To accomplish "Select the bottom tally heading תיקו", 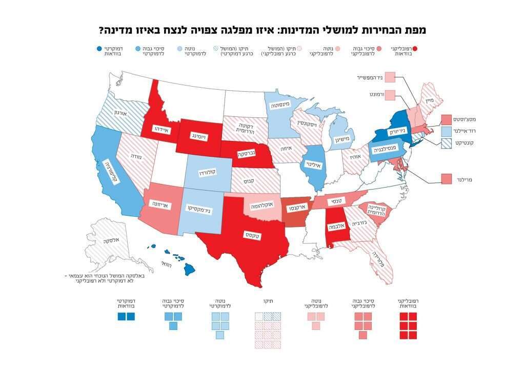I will [268, 302].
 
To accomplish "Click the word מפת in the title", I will [415, 30].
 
